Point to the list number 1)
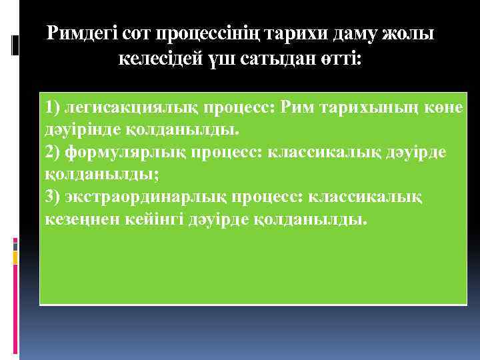(x=53, y=107)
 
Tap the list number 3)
(x=53, y=197)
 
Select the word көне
(x=447, y=107)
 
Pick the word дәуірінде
(x=82, y=129)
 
